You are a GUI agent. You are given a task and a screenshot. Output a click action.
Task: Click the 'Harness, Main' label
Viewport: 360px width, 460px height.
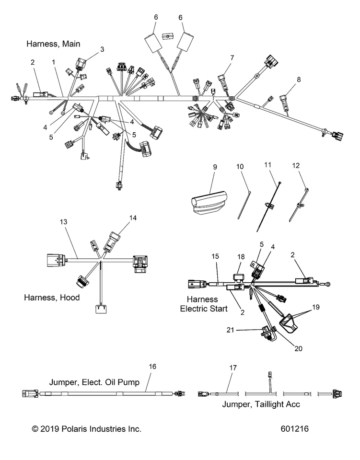pos(53,44)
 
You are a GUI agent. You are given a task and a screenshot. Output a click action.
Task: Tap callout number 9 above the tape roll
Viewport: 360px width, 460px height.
pos(215,167)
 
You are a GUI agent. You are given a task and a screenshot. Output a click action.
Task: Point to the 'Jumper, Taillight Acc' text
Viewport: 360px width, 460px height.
pos(261,404)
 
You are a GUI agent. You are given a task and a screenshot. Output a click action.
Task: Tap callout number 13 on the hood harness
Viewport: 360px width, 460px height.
pos(63,222)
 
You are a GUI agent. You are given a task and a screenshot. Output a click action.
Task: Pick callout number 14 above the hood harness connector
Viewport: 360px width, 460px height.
pos(132,218)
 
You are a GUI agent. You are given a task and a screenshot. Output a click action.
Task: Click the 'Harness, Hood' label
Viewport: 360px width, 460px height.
pos(52,298)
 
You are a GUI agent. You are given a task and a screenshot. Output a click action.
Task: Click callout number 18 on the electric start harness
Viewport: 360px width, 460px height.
pos(241,257)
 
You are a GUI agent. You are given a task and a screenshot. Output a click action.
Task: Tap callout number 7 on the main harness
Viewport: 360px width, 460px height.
pos(232,57)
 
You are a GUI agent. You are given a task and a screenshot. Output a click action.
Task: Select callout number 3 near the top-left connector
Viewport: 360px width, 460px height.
pos(102,49)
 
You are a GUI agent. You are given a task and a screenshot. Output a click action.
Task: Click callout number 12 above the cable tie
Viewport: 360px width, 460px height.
pos(296,166)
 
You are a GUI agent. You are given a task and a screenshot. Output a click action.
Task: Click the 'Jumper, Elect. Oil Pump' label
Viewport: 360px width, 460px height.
pos(94,382)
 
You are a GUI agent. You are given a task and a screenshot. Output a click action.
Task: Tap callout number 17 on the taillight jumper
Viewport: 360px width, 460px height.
pos(233,368)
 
